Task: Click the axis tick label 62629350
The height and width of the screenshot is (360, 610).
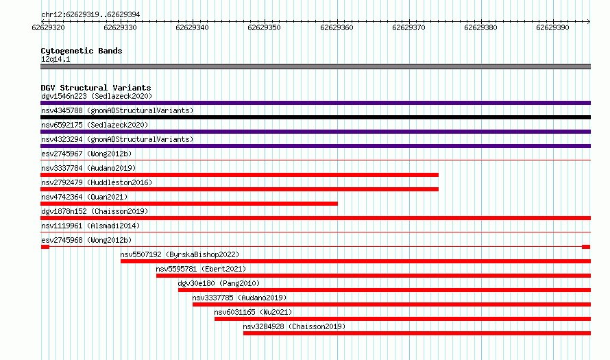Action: [x=264, y=27]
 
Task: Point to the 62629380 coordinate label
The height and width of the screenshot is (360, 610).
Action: [x=480, y=27]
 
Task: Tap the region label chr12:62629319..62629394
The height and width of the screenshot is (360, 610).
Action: [x=90, y=15]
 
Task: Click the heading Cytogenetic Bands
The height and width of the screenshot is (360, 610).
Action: [x=82, y=51]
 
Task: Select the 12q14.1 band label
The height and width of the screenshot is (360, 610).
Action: [x=56, y=59]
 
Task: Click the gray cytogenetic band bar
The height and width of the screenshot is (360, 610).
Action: [x=315, y=67]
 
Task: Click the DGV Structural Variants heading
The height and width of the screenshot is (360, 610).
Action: [x=96, y=88]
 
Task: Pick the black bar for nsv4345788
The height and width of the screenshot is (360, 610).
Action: [x=315, y=117]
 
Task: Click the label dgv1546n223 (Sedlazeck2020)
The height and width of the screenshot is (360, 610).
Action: [x=97, y=96]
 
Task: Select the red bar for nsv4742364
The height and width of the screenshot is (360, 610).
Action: [x=189, y=204]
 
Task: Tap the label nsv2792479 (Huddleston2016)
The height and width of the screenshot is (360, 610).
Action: [x=97, y=182]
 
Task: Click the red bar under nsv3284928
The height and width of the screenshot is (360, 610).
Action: [x=417, y=333]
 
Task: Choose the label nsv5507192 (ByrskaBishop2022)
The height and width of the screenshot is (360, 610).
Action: [x=180, y=254]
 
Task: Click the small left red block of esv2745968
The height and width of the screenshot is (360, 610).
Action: [x=45, y=247]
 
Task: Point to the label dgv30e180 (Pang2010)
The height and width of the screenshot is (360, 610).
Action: [x=219, y=283]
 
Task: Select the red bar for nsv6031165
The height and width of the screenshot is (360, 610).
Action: [x=402, y=319]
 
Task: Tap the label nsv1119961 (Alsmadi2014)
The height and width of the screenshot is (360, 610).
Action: [x=90, y=226]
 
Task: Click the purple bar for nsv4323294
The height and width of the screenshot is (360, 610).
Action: [x=315, y=146]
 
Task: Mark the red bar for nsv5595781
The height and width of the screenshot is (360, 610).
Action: [x=374, y=276]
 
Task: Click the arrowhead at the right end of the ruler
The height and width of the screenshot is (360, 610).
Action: [x=589, y=21]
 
